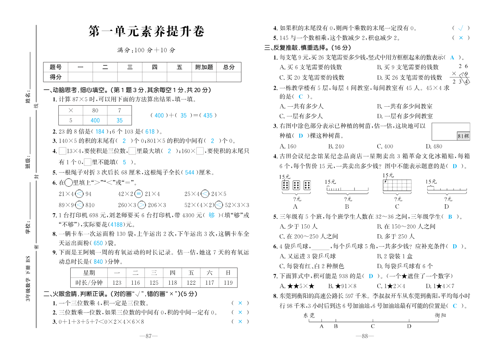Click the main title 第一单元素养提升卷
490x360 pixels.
(146, 32)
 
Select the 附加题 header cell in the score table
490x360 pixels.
(204, 67)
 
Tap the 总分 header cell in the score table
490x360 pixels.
(229, 67)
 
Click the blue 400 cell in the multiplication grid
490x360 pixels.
(95, 120)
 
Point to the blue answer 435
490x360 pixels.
(208, 115)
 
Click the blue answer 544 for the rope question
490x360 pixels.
(190, 173)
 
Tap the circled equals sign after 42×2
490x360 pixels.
(138, 194)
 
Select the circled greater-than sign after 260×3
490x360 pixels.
(142, 205)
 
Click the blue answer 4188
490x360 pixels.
(116, 225)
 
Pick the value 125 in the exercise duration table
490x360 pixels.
(154, 283)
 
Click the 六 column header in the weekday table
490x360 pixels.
(210, 273)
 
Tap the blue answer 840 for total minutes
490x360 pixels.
(98, 262)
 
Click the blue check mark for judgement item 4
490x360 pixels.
(460, 28)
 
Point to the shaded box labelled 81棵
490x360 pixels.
(463, 136)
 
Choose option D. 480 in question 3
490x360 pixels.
(434, 146)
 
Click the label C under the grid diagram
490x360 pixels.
(397, 206)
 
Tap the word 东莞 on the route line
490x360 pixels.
(309, 315)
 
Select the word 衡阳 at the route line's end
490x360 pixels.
(440, 315)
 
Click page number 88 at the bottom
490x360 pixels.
(365, 336)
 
